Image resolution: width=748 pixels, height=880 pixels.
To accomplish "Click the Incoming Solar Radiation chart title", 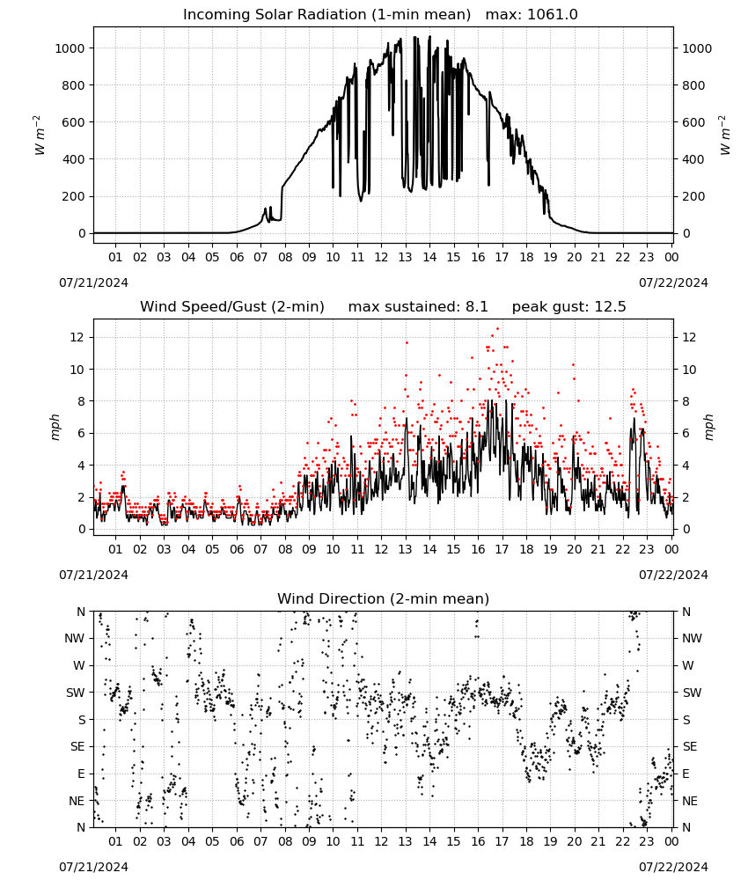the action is [x=326, y=15].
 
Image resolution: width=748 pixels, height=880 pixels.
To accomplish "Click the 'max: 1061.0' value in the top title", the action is [x=532, y=15].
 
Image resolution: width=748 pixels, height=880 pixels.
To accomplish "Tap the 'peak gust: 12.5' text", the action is [x=569, y=307].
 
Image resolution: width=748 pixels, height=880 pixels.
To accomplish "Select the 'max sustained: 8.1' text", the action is [x=418, y=307].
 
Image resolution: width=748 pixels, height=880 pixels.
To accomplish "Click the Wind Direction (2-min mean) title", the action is [x=384, y=598].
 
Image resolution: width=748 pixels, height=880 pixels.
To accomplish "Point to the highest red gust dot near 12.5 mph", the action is [x=497, y=329].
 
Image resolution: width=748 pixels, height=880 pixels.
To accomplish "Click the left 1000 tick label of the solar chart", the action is [x=70, y=48].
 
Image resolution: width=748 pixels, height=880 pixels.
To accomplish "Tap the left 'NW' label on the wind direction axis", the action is [x=75, y=639].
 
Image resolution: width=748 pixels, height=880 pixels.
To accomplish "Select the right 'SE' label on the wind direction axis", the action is [x=690, y=746].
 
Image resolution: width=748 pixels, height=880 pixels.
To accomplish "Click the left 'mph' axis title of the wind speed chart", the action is [x=55, y=427].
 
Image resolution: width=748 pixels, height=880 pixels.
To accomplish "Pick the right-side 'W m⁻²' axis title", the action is [x=724, y=136].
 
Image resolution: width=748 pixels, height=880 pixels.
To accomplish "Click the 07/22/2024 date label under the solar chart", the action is [x=673, y=282].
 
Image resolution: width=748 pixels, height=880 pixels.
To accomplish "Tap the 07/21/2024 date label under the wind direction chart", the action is [x=93, y=867].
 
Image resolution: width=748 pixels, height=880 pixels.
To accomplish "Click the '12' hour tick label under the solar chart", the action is [x=381, y=258].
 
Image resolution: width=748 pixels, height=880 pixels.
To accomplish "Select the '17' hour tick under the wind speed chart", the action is [x=502, y=549].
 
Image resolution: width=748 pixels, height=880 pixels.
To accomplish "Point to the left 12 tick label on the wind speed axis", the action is [x=78, y=337].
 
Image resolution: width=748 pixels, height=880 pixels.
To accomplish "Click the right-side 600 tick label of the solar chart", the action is [x=693, y=122].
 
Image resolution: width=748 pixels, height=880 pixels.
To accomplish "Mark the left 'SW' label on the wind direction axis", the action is [x=76, y=693].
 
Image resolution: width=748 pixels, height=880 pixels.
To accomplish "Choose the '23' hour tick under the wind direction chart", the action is [x=647, y=842].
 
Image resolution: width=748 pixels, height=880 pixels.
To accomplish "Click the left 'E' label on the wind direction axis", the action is [x=81, y=774].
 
